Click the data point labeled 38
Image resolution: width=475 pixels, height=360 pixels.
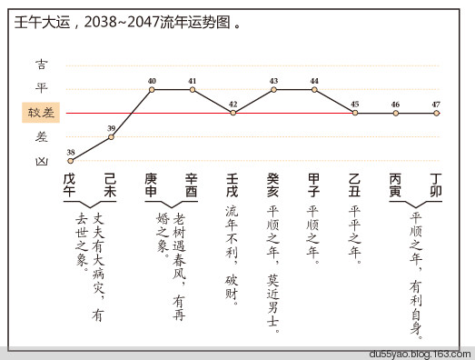[x=71, y=160]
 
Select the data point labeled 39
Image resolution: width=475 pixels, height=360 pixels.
[x=111, y=136]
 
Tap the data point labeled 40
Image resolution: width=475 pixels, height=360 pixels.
[x=152, y=89]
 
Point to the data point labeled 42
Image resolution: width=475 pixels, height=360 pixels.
[x=233, y=113]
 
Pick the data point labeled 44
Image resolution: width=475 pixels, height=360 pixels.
[x=314, y=89]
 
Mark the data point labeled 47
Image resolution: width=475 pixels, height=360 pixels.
[x=436, y=113]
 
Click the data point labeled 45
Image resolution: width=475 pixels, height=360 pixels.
[x=354, y=113]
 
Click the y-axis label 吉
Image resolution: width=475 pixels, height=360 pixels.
[x=42, y=65]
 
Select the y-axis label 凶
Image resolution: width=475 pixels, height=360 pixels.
[x=42, y=160]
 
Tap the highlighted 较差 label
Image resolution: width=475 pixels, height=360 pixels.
[x=42, y=114]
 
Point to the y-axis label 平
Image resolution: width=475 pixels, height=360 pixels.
[x=42, y=89]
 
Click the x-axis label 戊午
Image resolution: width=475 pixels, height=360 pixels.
[x=70, y=185]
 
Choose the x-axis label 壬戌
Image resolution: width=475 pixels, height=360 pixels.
[x=233, y=185]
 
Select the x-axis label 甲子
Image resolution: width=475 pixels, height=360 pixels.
[x=313, y=185]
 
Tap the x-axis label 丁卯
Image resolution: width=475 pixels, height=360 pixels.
[x=436, y=185]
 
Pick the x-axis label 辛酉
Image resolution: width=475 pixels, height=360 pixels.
[x=192, y=185]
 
